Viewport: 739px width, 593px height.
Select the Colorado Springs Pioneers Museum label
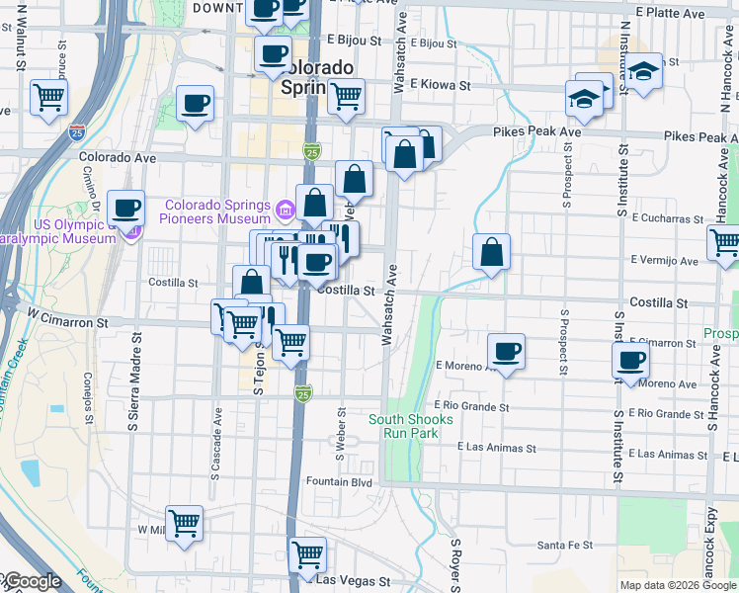tap(217, 212)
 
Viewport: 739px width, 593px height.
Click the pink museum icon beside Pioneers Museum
tap(287, 209)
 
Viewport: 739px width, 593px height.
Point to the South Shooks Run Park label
tap(411, 426)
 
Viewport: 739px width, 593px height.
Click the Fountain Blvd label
tap(339, 482)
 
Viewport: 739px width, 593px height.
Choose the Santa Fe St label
tap(564, 545)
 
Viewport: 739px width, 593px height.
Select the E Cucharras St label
tap(667, 216)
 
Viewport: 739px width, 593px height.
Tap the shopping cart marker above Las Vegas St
tap(307, 554)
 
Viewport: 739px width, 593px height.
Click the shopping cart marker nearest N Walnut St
tap(48, 98)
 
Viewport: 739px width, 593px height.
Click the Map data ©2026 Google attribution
tap(678, 585)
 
